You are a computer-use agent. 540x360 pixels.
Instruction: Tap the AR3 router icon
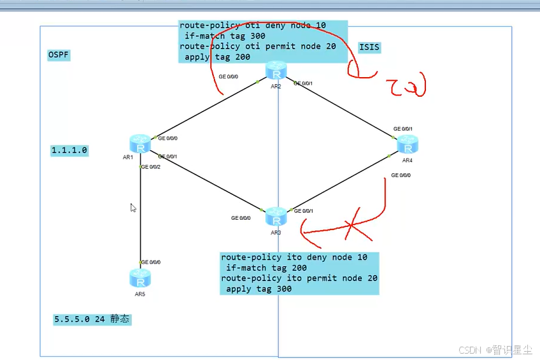pos(276,217)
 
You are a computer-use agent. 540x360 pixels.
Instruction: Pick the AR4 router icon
pos(407,145)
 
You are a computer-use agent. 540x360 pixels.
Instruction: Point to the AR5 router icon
pos(139,278)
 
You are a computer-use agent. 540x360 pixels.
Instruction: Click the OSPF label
pos(59,55)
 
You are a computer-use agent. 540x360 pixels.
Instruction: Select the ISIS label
pos(369,48)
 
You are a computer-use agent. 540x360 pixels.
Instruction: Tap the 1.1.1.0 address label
pos(69,150)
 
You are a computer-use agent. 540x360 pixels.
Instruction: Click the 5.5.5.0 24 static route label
pos(92,319)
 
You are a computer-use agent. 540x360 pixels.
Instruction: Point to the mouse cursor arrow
pos(133,208)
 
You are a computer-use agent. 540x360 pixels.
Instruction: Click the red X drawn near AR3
pos(348,225)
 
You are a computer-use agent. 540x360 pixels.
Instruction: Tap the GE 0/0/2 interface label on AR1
pos(151,167)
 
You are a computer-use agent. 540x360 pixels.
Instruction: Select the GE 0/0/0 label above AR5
pos(151,262)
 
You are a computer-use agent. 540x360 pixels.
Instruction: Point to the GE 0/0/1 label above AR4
pos(403,129)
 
